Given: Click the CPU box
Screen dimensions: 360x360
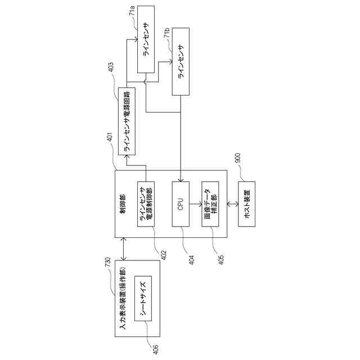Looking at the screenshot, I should click(x=181, y=204).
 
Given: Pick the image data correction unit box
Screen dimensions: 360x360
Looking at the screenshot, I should click(x=210, y=204).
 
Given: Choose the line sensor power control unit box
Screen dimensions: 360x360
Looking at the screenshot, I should click(x=146, y=204).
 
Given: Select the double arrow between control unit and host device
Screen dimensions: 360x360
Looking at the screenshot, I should click(x=231, y=204).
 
